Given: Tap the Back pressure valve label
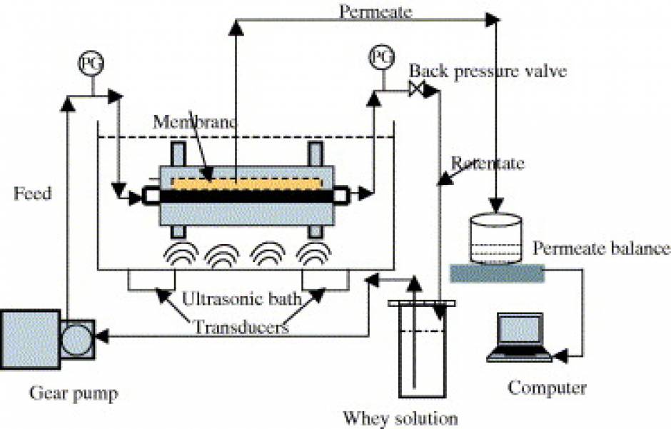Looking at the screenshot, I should click(488, 71).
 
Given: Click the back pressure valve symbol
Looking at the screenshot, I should click(417, 89).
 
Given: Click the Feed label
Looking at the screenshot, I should click(32, 193).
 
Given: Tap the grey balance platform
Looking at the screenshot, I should click(497, 271).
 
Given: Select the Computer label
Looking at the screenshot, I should click(547, 388).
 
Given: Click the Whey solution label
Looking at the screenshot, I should click(400, 417).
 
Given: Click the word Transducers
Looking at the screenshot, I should click(241, 328).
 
